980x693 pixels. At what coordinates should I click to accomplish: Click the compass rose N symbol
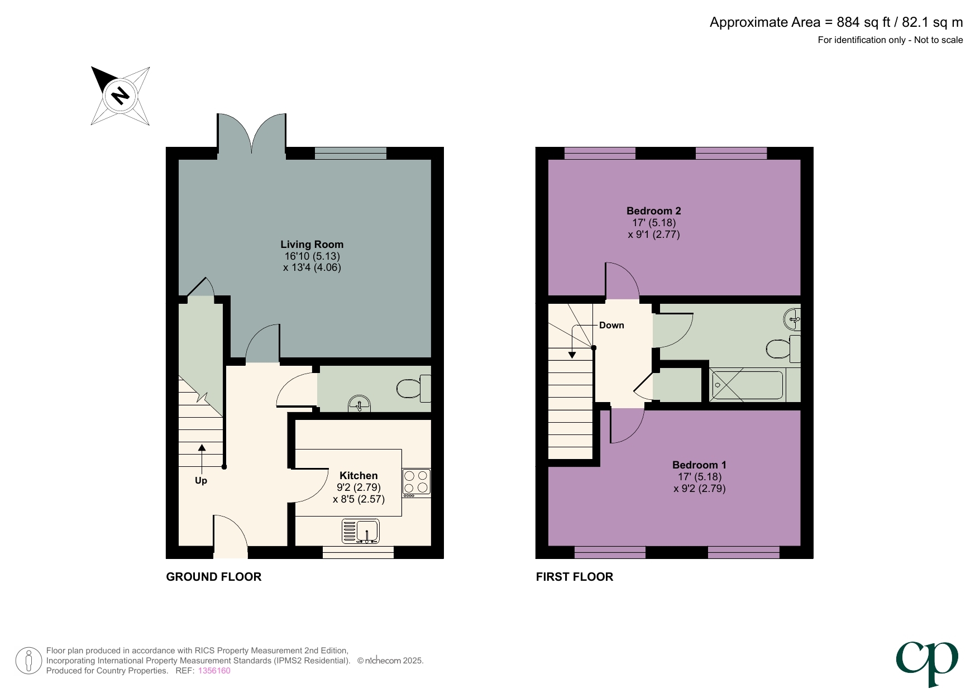[120, 95]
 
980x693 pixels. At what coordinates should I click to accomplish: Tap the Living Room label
[312, 245]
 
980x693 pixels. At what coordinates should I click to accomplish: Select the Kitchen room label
[358, 476]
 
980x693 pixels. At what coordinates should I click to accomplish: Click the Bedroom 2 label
[653, 211]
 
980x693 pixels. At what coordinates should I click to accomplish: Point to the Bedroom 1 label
[699, 465]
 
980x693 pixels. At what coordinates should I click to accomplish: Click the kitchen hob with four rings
[417, 482]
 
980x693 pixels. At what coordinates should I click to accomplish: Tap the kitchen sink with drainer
[361, 531]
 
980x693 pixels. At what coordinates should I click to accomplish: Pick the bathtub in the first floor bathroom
[747, 385]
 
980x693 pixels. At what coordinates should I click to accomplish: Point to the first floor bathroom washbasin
[792, 320]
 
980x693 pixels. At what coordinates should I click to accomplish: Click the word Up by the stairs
[201, 481]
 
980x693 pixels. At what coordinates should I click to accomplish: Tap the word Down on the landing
[611, 326]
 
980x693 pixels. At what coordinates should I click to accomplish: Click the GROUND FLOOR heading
[214, 577]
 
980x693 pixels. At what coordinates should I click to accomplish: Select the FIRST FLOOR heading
[575, 577]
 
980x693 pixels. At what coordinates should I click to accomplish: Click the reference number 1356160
[214, 671]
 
